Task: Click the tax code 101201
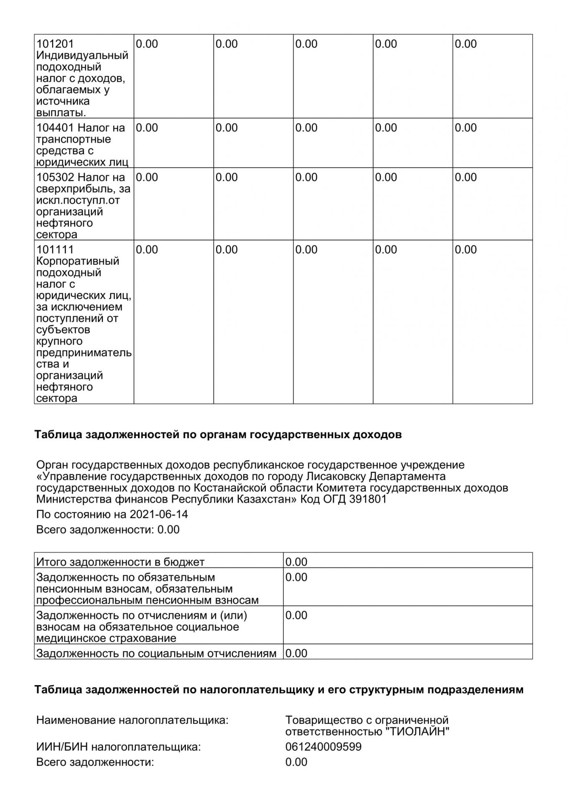[x=55, y=44]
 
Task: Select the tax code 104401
[x=55, y=128]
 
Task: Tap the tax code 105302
[x=55, y=178]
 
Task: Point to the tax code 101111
[x=55, y=250]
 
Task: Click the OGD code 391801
[x=366, y=499]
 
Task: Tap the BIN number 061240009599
[x=323, y=746]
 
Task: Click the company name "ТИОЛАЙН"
[x=417, y=731]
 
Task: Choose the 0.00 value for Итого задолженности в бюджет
[x=296, y=562]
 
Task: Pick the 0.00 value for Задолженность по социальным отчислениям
[x=296, y=653]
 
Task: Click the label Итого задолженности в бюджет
[x=120, y=562]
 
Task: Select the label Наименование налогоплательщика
[x=132, y=720]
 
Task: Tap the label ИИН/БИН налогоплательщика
[x=118, y=747]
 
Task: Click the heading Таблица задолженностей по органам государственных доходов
[x=218, y=434]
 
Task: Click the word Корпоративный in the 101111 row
[x=78, y=261]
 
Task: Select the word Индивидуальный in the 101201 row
[x=82, y=56]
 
